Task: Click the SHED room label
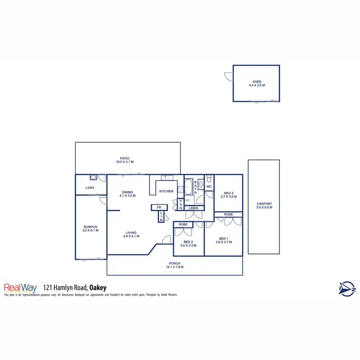(x=257, y=82)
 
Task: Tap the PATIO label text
(x=125, y=158)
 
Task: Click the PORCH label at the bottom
(x=175, y=263)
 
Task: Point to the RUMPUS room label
(x=91, y=227)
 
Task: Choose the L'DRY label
(x=90, y=188)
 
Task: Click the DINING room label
(x=127, y=192)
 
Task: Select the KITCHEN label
(x=167, y=192)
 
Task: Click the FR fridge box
(x=159, y=207)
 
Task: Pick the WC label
(x=209, y=186)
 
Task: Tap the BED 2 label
(x=188, y=242)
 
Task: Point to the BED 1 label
(x=223, y=239)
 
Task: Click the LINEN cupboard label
(x=193, y=208)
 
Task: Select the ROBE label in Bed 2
(x=183, y=224)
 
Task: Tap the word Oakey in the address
(x=97, y=288)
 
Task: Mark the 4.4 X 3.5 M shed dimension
(x=257, y=85)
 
